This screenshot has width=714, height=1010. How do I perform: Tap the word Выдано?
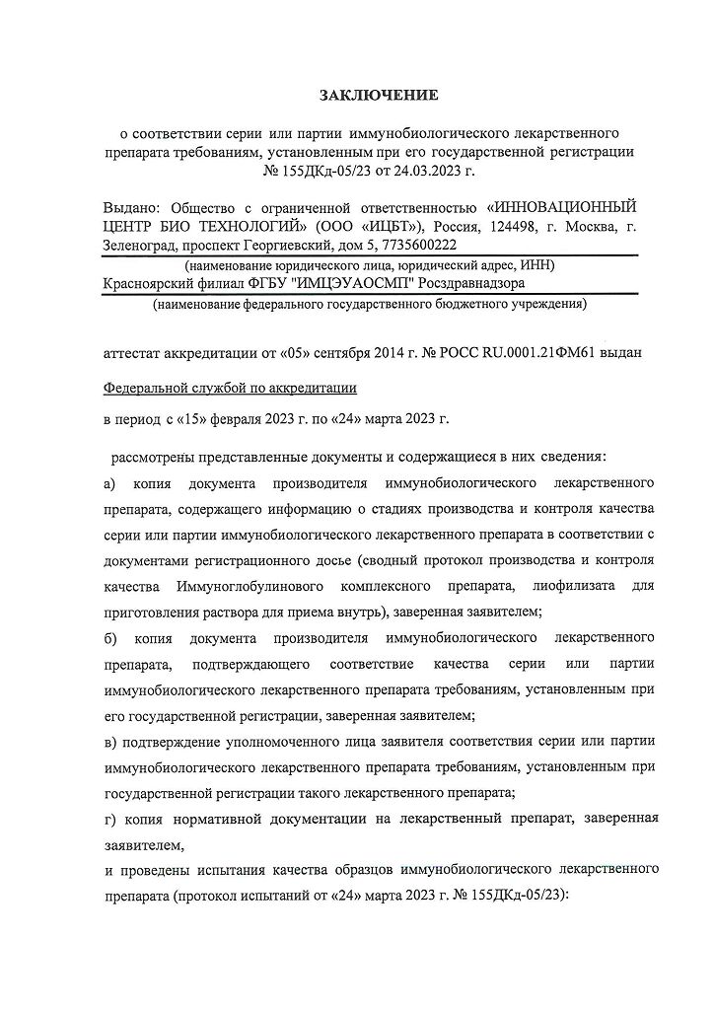point(133,208)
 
